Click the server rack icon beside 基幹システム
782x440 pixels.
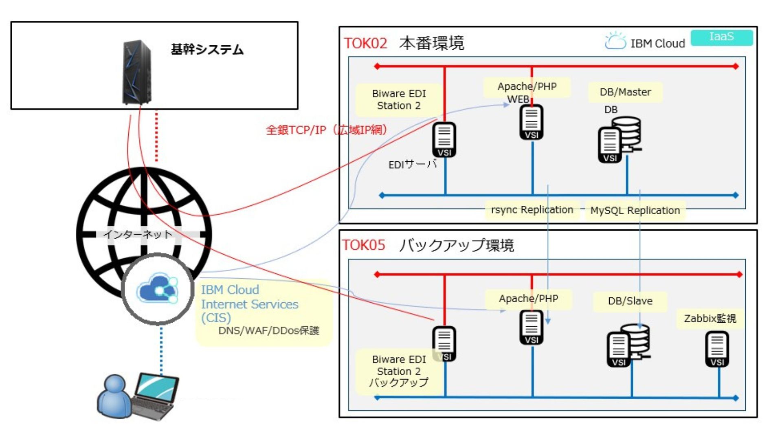[x=137, y=73]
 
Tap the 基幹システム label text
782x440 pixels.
[x=207, y=50]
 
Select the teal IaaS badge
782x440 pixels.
[x=721, y=37]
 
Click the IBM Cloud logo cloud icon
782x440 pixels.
[x=615, y=42]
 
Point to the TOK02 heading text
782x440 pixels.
[x=365, y=43]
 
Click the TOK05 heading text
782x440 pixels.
[x=363, y=245]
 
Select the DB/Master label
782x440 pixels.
[x=625, y=92]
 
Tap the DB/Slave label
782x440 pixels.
[x=630, y=301]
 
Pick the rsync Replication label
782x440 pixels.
[x=532, y=210]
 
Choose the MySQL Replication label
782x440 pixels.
[x=635, y=211]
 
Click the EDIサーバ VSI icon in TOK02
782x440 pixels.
[x=444, y=140]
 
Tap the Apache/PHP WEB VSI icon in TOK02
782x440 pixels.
[x=531, y=122]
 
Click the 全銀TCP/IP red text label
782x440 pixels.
[x=326, y=130]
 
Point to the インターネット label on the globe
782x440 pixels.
[x=138, y=234]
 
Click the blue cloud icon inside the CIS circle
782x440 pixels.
[x=157, y=289]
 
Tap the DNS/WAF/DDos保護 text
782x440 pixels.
[x=269, y=330]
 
